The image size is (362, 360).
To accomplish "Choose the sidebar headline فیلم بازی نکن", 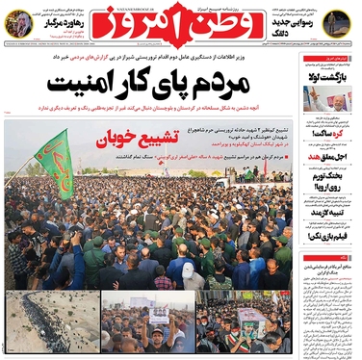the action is point(328,235).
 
